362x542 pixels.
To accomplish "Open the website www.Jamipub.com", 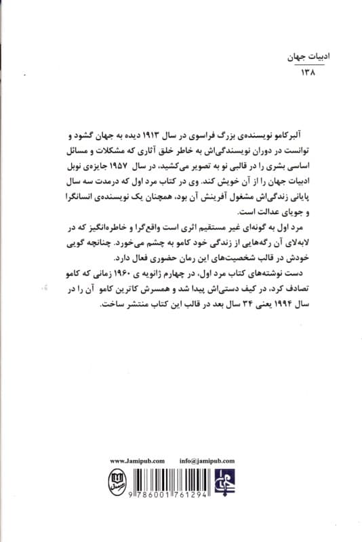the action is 138,459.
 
